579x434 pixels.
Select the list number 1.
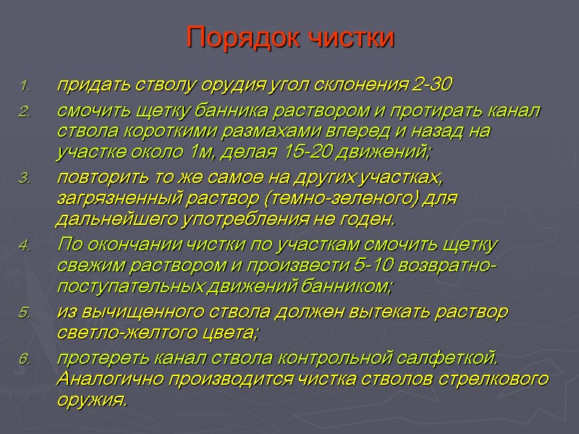point(25,87)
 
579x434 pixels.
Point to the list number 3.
point(25,179)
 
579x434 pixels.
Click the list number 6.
point(25,359)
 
